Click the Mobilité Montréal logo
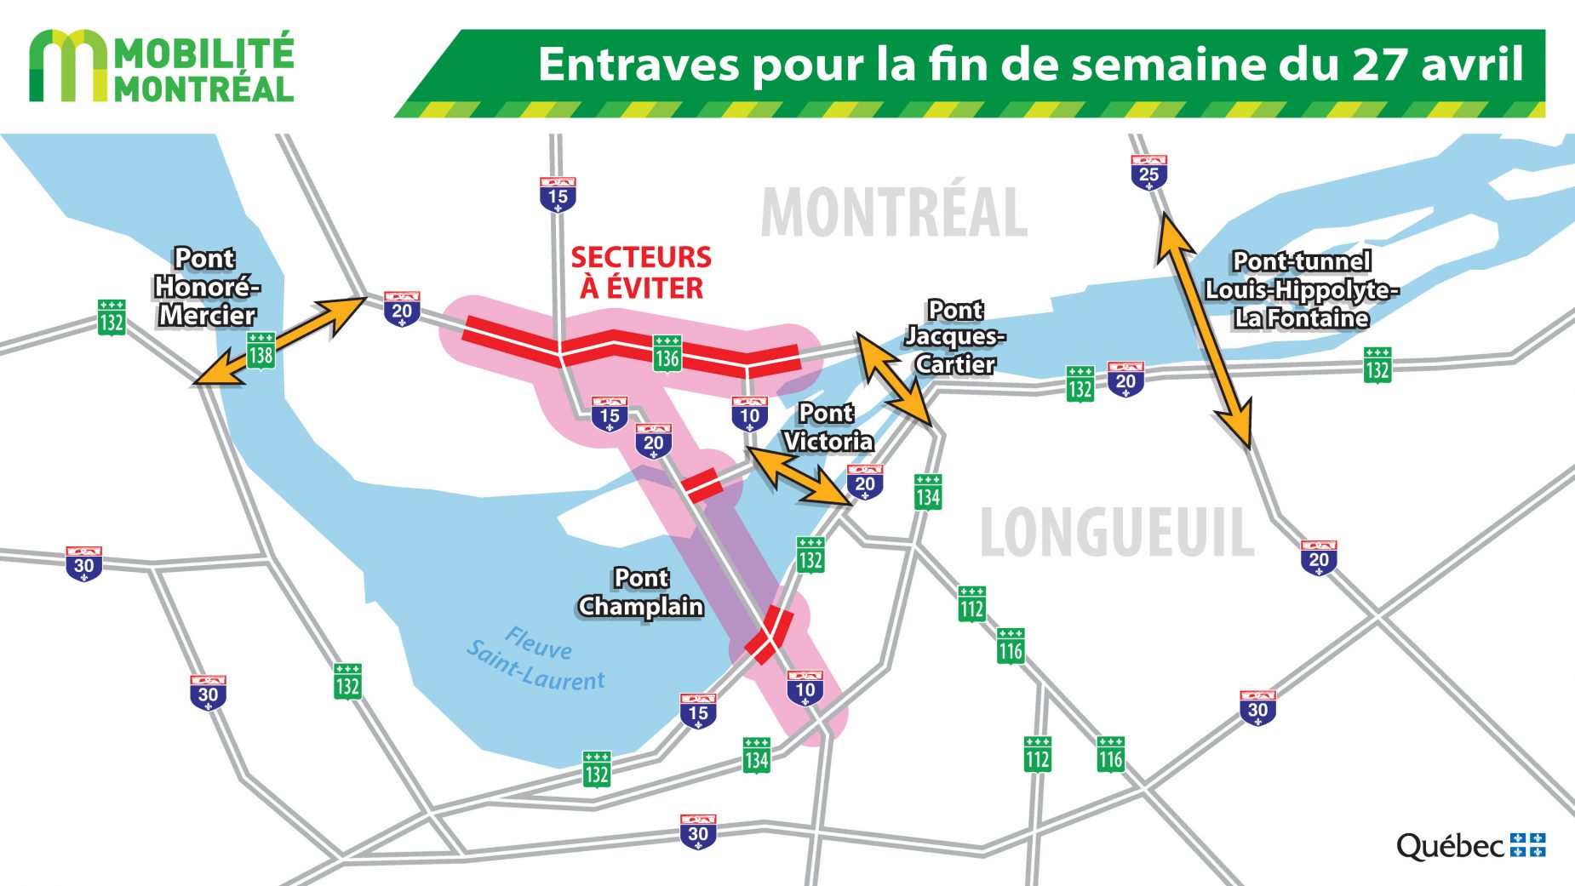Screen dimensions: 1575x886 point(162,67)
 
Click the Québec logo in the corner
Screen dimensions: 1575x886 point(1470,845)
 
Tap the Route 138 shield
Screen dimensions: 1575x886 point(261,351)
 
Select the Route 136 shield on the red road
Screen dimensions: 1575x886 point(667,354)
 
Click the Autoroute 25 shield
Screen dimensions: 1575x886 point(1148,173)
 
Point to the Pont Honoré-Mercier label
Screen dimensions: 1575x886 point(206,287)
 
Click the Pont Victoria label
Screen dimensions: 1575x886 point(828,427)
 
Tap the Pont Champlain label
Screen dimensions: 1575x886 point(641,592)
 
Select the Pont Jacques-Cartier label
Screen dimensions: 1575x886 point(955,337)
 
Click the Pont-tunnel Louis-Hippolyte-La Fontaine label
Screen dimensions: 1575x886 point(1301,289)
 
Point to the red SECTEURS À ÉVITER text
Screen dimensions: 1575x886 point(641,272)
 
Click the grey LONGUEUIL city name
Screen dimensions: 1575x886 point(1116,533)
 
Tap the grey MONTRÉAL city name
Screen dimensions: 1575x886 point(894,213)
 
